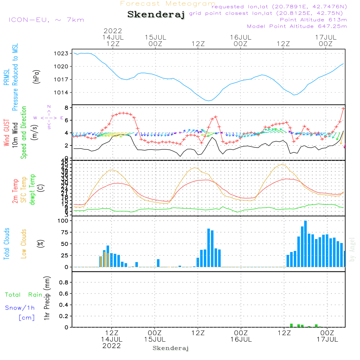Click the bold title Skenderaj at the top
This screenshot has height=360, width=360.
click(x=156, y=15)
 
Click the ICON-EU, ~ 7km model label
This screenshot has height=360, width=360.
click(x=46, y=20)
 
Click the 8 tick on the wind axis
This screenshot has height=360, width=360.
click(x=66, y=108)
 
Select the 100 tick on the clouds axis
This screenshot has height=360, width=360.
click(x=63, y=221)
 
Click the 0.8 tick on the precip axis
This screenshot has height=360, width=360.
click(x=64, y=283)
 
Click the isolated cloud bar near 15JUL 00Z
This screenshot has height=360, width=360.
click(x=158, y=263)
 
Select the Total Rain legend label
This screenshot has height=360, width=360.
click(x=23, y=295)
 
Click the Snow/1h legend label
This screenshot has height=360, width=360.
click(x=20, y=308)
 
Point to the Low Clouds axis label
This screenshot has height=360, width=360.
click(x=24, y=244)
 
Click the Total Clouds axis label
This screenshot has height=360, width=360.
click(x=7, y=244)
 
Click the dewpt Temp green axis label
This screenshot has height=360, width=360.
click(x=32, y=190)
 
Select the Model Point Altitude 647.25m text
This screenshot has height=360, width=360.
click(x=297, y=26)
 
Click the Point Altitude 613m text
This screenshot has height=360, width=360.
click(x=313, y=20)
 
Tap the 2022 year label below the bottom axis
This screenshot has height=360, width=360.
click(x=112, y=346)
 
